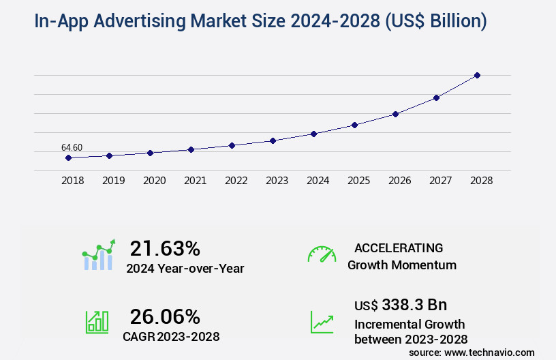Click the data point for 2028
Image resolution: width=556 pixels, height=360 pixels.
tap(477, 75)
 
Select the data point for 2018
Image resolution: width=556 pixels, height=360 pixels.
tap(68, 157)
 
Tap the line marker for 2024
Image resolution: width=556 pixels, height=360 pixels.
tap(313, 134)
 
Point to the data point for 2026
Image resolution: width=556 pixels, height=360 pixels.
tap(395, 114)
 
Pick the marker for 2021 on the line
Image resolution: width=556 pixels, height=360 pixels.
tap(191, 149)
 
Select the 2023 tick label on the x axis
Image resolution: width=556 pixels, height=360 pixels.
tap(277, 181)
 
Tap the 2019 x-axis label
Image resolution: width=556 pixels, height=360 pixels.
tap(113, 181)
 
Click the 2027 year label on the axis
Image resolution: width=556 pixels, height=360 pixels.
tap(440, 181)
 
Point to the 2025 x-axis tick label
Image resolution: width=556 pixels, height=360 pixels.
tap(358, 181)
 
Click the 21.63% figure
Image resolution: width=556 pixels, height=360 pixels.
tap(165, 248)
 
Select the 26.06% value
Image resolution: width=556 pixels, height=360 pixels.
tap(165, 316)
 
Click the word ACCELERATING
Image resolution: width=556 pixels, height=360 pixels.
tap(399, 248)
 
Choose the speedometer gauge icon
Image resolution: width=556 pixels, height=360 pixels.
tap(322, 254)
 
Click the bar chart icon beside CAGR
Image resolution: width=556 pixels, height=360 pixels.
tap(97, 321)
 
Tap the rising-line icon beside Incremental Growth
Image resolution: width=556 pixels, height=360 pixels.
tap(322, 322)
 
